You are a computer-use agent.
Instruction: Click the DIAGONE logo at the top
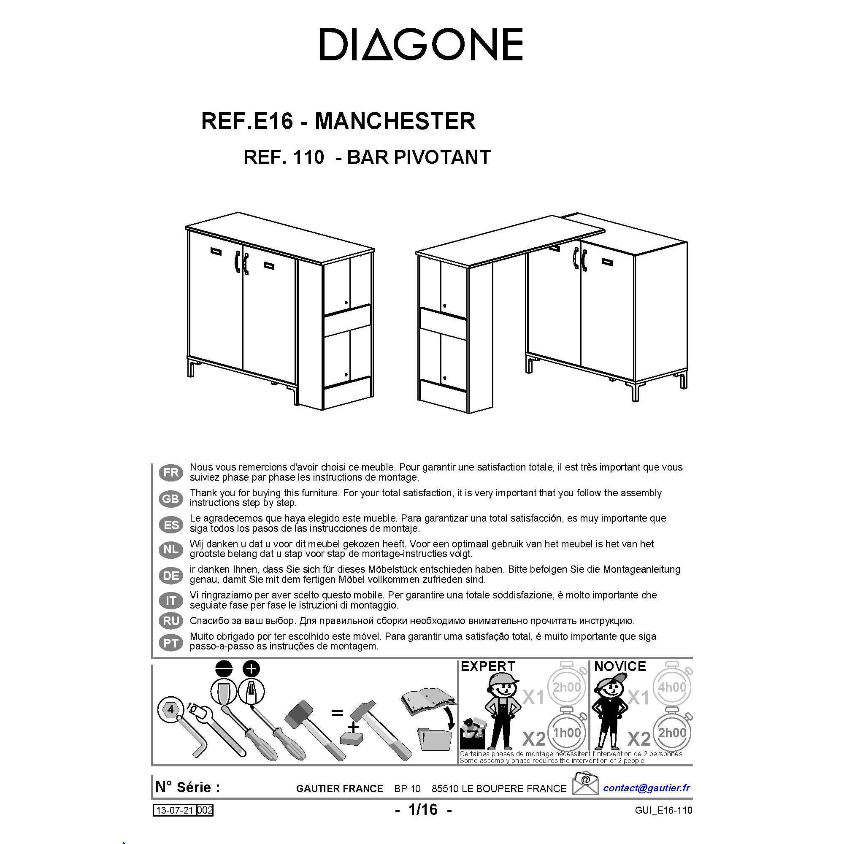point(421,44)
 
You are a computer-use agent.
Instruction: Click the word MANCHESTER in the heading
point(395,121)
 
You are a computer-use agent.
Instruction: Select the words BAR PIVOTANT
point(419,157)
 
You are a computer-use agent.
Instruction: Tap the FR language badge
point(171,473)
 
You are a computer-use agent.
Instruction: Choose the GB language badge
point(171,498)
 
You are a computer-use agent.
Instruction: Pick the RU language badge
point(171,621)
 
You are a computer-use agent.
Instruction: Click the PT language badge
point(171,643)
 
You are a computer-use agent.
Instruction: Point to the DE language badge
point(171,576)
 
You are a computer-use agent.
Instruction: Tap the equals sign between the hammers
point(337,713)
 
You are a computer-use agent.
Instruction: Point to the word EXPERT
point(488,667)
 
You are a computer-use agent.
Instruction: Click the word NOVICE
point(620,667)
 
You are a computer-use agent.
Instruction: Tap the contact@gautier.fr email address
point(647,787)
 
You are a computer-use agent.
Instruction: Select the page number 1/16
point(423,809)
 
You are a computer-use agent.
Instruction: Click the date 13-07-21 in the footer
point(175,811)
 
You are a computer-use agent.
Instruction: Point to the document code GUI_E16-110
point(663,810)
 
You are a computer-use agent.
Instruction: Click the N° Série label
point(187,787)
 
